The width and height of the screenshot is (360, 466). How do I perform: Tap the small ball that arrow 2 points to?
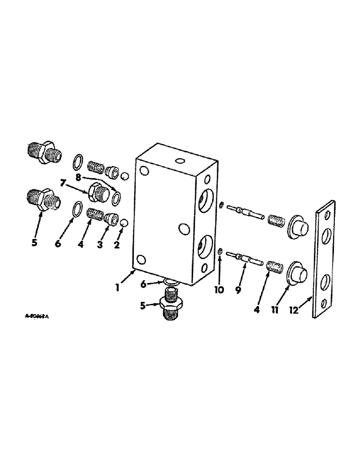pyautogui.click(x=124, y=224)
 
